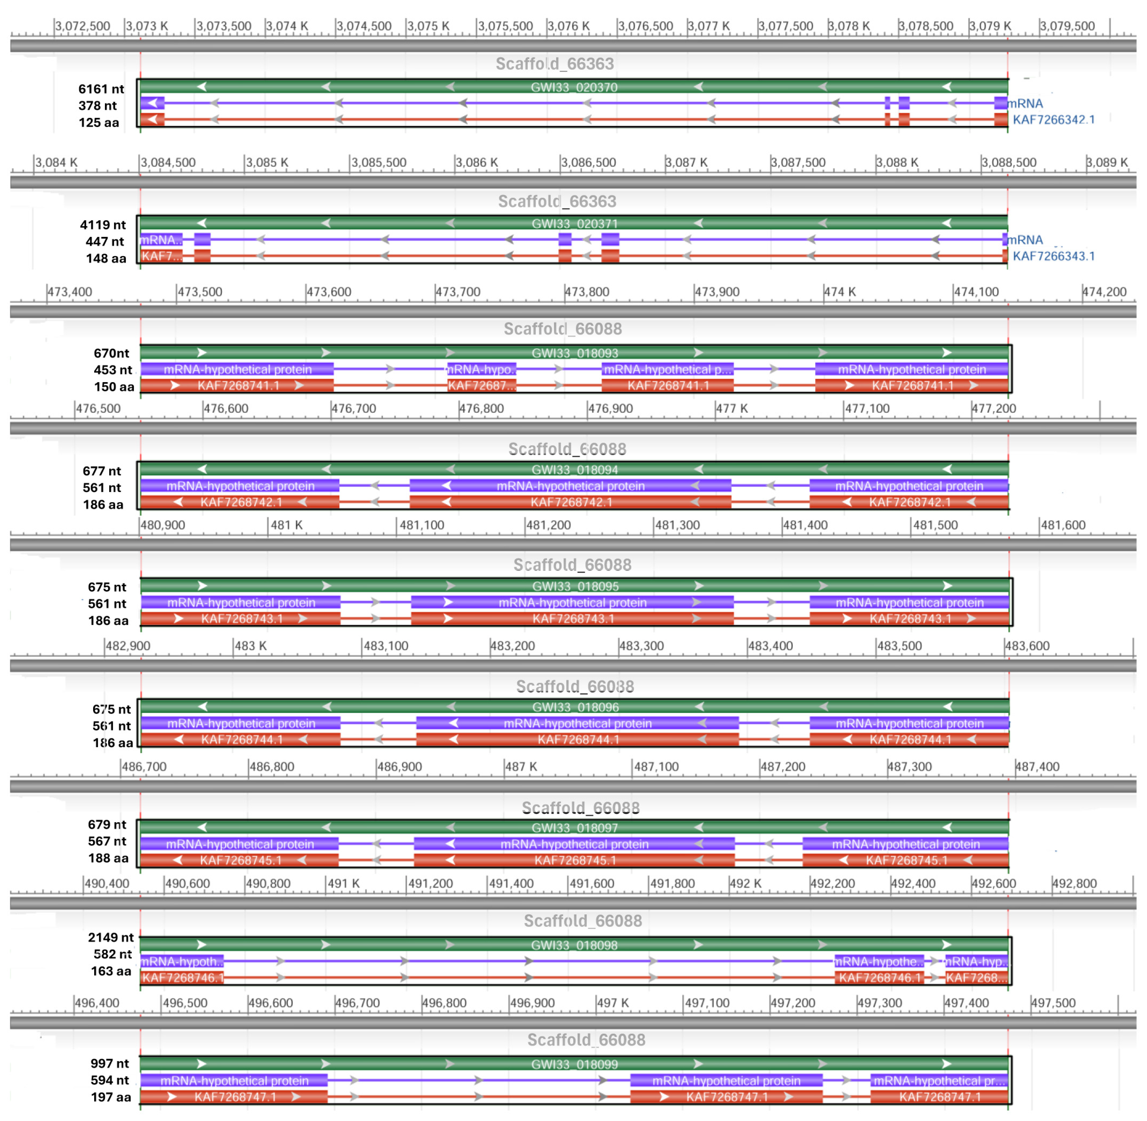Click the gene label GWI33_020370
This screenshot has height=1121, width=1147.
click(x=574, y=87)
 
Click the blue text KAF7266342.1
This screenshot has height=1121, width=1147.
click(x=1054, y=120)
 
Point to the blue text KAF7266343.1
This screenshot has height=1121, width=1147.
click(x=1054, y=256)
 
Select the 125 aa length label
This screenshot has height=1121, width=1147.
click(x=98, y=122)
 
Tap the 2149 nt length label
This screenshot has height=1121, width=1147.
click(x=110, y=937)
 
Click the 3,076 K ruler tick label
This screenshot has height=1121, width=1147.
click(x=569, y=26)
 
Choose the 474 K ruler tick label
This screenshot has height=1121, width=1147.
click(x=839, y=292)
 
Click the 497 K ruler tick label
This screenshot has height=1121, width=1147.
click(x=613, y=1003)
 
